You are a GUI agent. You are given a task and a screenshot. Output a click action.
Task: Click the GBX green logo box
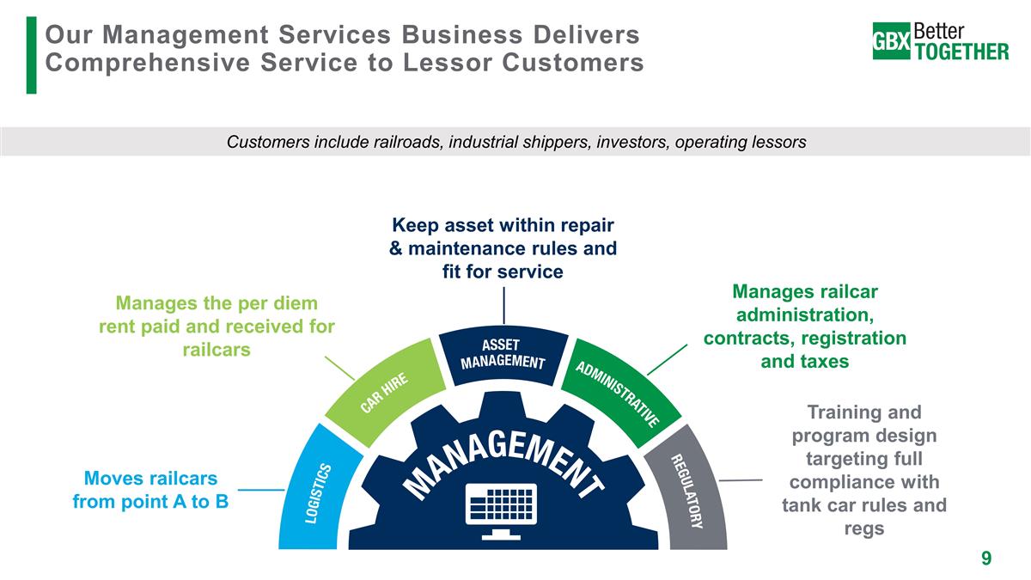coord(892,40)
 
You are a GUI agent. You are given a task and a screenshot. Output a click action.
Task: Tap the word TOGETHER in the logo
coord(962,51)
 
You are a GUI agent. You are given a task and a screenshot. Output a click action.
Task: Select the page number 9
coord(986,559)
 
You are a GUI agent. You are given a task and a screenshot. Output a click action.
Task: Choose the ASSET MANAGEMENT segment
coord(503,353)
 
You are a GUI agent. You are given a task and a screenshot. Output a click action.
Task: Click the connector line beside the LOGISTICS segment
coord(261,490)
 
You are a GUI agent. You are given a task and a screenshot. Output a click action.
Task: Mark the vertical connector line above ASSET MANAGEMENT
coord(503,306)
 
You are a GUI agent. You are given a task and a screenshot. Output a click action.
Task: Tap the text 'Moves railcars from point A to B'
coord(150,489)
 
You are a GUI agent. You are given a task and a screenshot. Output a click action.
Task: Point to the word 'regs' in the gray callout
coord(863,528)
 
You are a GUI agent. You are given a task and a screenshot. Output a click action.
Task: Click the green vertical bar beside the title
coord(32,54)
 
